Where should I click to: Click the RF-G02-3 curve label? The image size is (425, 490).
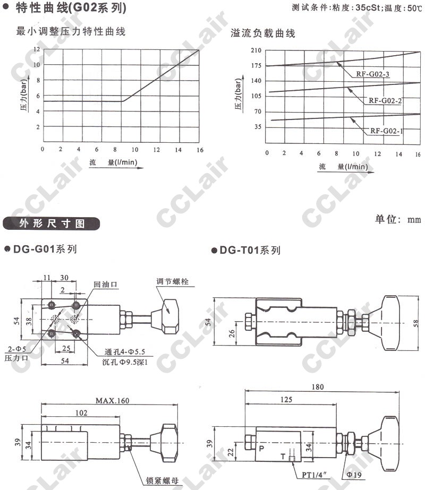click(372, 74)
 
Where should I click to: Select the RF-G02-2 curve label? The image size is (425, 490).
click(385, 101)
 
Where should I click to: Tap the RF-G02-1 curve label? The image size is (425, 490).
click(387, 131)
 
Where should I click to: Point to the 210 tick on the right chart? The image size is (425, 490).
click(256, 50)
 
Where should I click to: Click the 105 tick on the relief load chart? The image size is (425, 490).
click(256, 96)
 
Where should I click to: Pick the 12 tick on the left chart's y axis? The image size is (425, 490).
click(37, 49)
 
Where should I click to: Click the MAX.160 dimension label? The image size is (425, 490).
click(112, 401)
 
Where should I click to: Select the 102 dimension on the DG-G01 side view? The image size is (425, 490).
click(81, 413)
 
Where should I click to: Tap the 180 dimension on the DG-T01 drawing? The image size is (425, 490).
click(317, 387)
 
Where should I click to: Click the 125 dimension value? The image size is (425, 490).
click(286, 400)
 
